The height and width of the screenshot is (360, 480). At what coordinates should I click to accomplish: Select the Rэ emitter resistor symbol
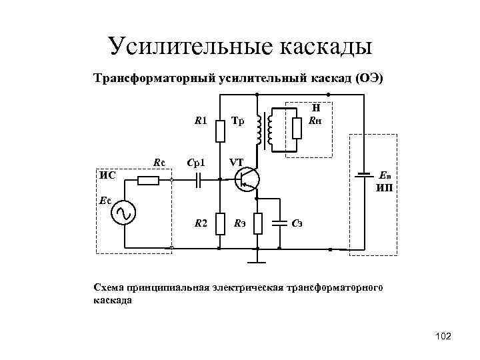[x=258, y=225]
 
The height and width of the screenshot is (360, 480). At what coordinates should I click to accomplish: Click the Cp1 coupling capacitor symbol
[x=198, y=180]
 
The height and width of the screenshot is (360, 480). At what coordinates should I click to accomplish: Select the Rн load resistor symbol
[x=295, y=130]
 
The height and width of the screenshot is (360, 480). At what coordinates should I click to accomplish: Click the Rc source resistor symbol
[x=148, y=180]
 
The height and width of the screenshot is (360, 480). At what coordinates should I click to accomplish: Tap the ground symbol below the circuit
[x=257, y=254]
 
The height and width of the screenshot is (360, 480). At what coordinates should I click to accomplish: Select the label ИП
[x=384, y=189]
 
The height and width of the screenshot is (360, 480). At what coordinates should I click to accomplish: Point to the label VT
[x=237, y=162]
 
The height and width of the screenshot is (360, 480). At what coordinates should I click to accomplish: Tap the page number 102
[x=442, y=338]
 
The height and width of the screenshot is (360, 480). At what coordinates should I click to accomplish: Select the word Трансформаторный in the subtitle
[x=154, y=79]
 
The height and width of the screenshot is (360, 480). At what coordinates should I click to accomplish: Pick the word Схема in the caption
[x=107, y=287]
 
